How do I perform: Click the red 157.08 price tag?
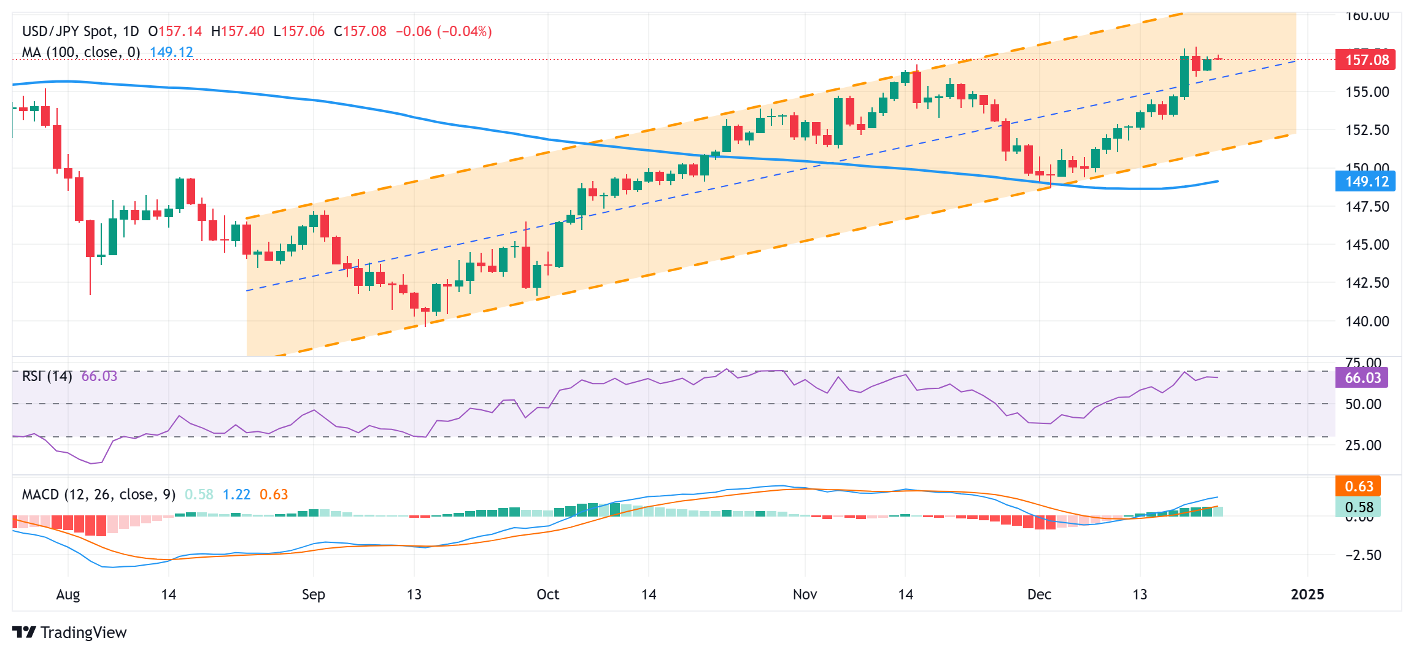coord(1366,60)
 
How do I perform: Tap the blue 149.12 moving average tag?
coord(1366,182)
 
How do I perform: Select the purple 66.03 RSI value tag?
coord(1362,378)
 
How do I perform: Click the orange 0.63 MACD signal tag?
coord(1358,487)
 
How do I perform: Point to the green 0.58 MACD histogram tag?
coord(1358,507)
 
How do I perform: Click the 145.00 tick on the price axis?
coord(1367,245)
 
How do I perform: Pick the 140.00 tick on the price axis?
coord(1367,321)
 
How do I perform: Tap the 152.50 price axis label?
coord(1367,130)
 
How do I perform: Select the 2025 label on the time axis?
coord(1307,594)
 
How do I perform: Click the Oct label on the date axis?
coord(547,594)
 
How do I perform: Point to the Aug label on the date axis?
coord(68,594)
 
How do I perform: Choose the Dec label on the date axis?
coord(1039,594)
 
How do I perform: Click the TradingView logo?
coord(69,633)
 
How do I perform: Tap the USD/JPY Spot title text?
coord(68,31)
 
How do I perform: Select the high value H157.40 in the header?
coord(238,31)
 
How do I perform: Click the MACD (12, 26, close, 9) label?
coord(99,494)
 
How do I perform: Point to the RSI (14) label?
coord(47,376)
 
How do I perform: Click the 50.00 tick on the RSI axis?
coord(1363,404)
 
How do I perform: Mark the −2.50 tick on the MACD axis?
coord(1363,555)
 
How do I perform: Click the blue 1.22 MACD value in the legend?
coord(236,494)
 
